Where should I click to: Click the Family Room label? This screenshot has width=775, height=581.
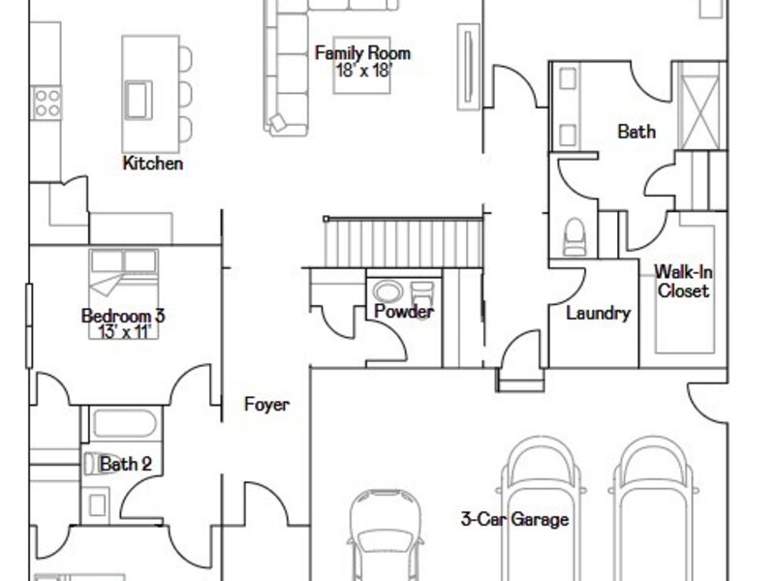(x=362, y=53)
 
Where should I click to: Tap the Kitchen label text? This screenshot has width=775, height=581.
(x=153, y=163)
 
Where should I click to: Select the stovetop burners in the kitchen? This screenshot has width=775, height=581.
(x=47, y=103)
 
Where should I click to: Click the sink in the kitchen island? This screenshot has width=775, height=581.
(x=138, y=100)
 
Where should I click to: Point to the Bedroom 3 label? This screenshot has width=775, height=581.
(x=123, y=316)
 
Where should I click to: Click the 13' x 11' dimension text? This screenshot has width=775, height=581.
(x=125, y=331)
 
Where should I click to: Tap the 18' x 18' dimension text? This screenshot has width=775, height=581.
(x=364, y=70)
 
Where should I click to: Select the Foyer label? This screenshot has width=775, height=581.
(x=267, y=405)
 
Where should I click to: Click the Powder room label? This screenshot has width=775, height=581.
(x=404, y=311)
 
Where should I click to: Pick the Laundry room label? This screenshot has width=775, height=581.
(x=598, y=313)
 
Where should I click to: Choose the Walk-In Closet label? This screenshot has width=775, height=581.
(x=684, y=281)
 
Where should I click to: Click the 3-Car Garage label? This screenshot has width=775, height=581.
(x=514, y=519)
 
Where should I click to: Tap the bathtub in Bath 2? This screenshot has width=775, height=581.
(x=125, y=424)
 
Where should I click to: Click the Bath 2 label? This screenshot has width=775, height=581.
(x=126, y=464)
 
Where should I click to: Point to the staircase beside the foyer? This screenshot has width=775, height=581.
(x=403, y=243)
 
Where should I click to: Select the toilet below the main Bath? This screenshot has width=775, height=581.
(x=574, y=237)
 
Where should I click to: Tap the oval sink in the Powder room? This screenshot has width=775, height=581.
(x=387, y=291)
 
